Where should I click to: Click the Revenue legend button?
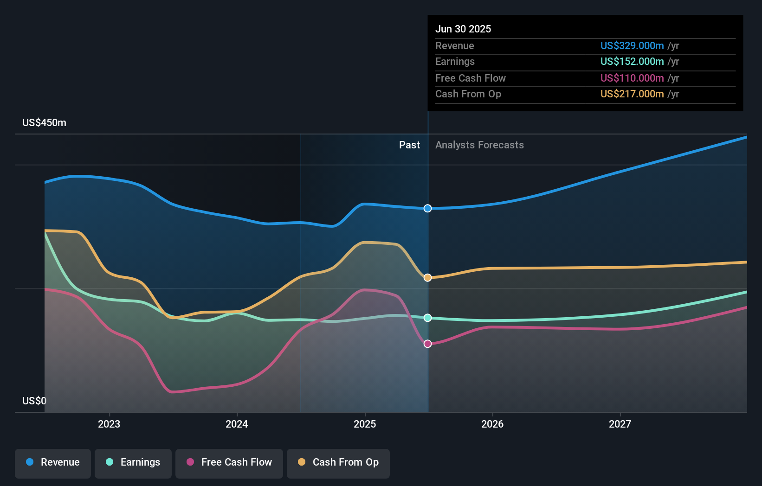[53, 462]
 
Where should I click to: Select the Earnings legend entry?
[133, 462]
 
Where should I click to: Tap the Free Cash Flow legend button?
[229, 462]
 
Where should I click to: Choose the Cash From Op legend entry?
[338, 462]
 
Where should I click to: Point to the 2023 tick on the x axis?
[109, 424]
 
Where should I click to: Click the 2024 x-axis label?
[237, 424]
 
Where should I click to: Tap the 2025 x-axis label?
[365, 424]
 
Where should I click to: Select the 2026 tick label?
[492, 424]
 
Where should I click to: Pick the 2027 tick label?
[620, 424]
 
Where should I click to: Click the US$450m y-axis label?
[44, 123]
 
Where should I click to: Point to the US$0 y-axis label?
[34, 401]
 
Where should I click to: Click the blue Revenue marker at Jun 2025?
[427, 208]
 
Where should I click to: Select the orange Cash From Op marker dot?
[427, 277]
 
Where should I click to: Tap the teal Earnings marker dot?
[427, 318]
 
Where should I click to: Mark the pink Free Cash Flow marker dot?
[427, 344]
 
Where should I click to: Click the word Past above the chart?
[409, 145]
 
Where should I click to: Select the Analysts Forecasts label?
[479, 145]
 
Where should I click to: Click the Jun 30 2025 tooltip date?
[463, 29]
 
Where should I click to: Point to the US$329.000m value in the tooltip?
[632, 45]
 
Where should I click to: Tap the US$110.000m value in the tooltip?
[632, 78]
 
